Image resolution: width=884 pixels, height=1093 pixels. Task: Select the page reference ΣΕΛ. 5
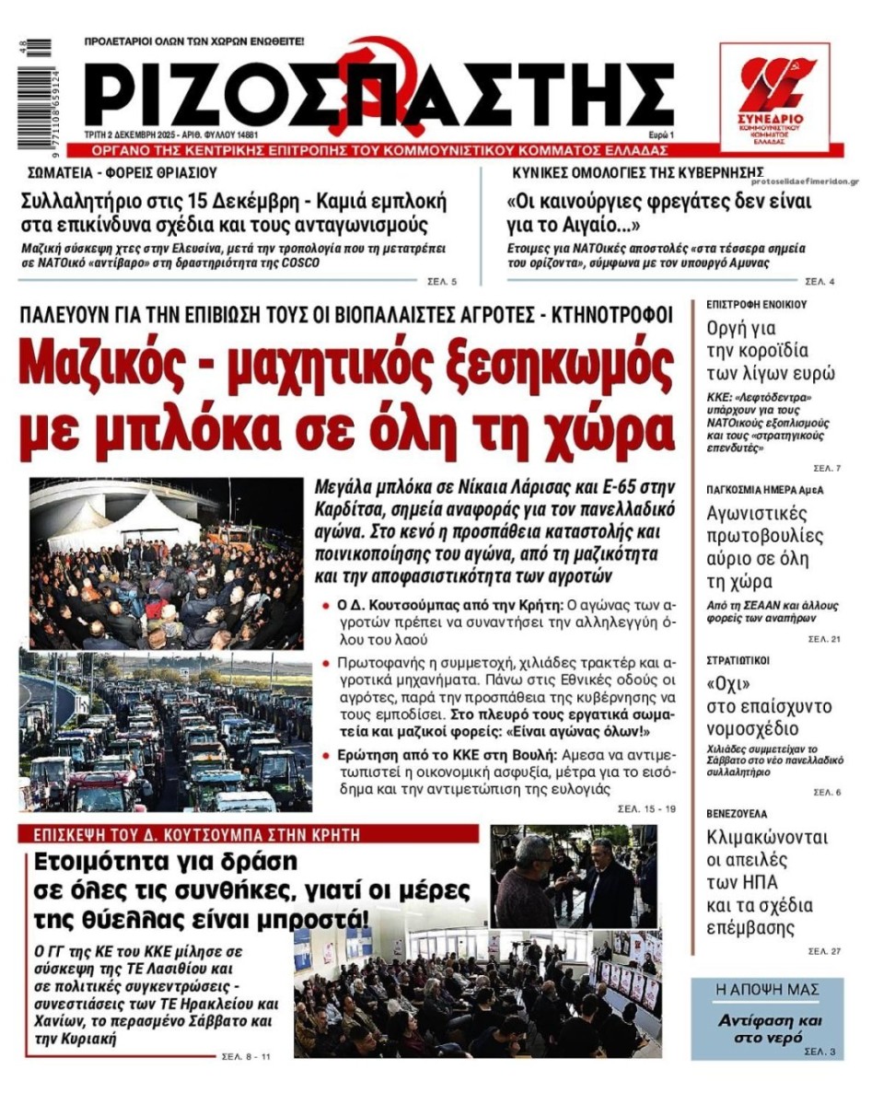tap(442, 281)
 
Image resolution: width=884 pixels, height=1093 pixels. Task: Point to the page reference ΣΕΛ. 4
tap(820, 281)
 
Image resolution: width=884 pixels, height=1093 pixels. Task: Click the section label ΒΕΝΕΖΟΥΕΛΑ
tap(737, 814)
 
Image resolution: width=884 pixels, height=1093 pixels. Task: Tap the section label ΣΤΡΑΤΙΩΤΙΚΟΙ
tap(738, 660)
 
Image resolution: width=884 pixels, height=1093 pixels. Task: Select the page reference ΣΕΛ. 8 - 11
tap(246, 1056)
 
